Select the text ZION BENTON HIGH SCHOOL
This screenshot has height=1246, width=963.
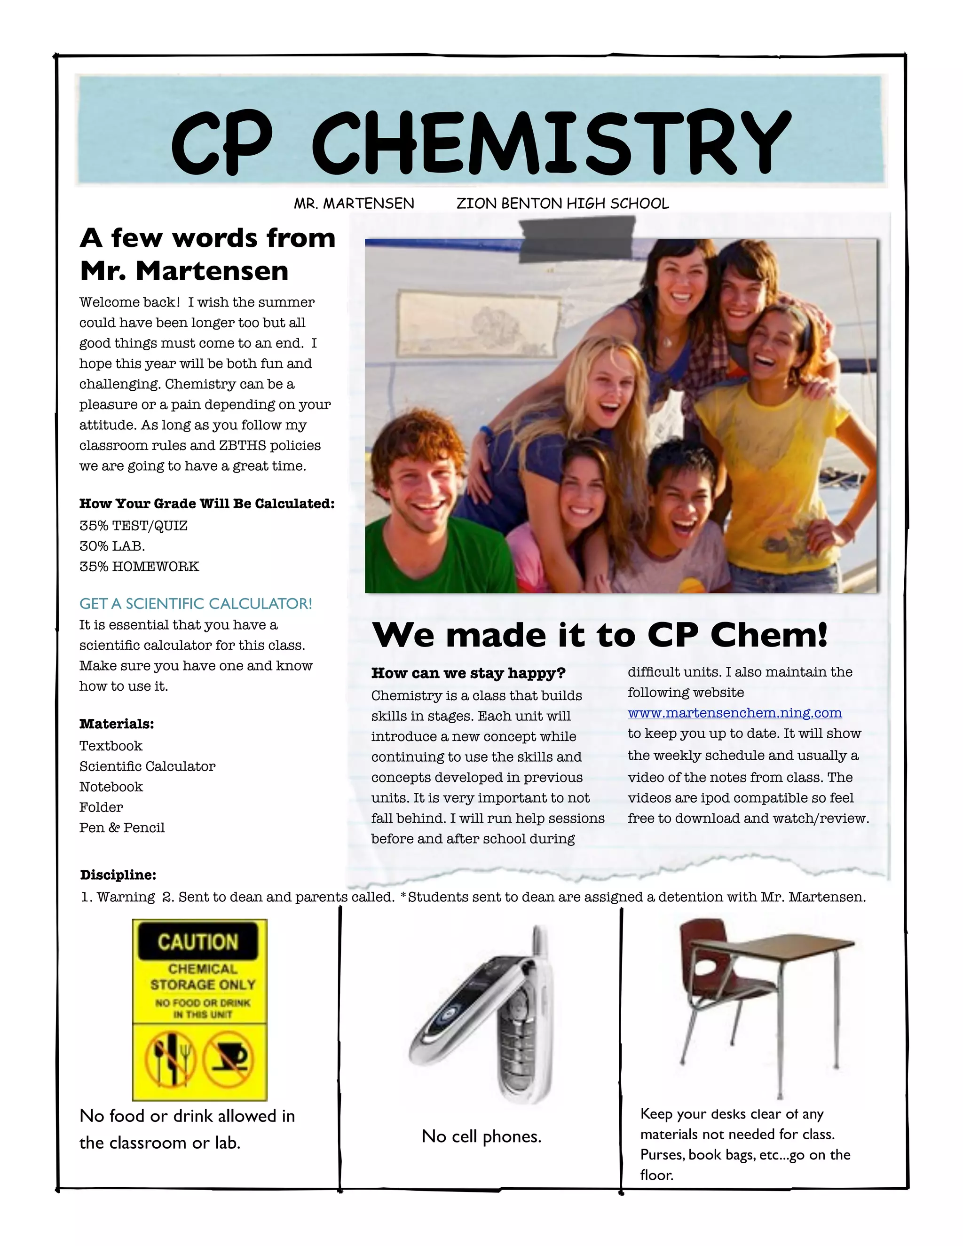(x=562, y=204)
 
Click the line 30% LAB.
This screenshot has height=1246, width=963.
(x=112, y=546)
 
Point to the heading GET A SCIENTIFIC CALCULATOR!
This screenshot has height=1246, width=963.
(x=196, y=604)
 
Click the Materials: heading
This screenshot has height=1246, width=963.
(x=117, y=724)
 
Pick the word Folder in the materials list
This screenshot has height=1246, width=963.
(x=101, y=807)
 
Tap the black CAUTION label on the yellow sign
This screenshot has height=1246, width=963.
(x=197, y=942)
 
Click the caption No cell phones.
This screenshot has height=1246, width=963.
(x=481, y=1136)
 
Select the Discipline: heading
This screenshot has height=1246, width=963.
(x=118, y=875)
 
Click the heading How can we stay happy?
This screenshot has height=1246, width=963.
(x=468, y=673)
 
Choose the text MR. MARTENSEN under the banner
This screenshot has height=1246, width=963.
(x=354, y=204)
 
